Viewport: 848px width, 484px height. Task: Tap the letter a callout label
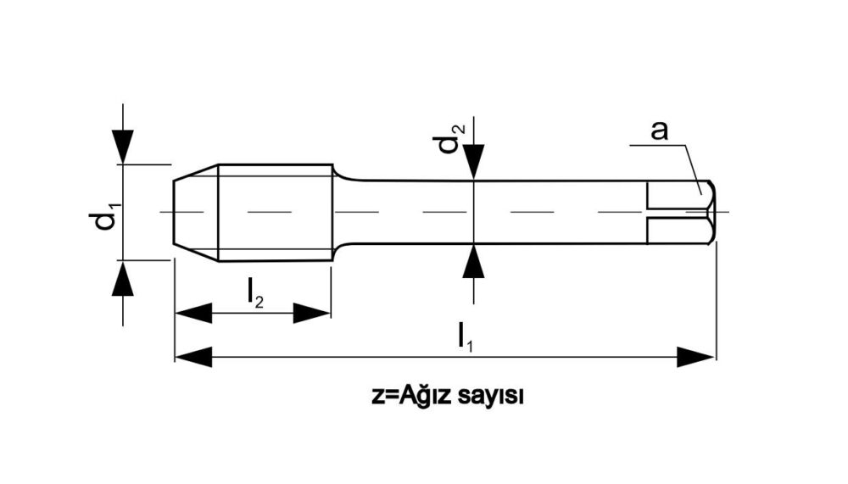click(659, 131)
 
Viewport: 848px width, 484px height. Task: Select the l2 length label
click(254, 292)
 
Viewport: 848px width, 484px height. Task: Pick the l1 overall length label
click(465, 337)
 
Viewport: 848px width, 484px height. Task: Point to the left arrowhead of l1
click(193, 357)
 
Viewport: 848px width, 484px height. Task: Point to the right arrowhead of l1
click(695, 357)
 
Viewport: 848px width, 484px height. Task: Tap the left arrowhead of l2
click(193, 313)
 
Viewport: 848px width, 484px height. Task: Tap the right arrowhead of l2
click(311, 313)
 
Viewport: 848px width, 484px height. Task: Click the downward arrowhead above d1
click(123, 147)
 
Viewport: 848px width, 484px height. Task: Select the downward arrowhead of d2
click(474, 162)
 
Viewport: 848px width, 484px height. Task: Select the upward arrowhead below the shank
click(474, 261)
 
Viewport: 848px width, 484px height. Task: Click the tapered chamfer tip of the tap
click(195, 213)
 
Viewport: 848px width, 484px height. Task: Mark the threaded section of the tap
click(276, 213)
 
